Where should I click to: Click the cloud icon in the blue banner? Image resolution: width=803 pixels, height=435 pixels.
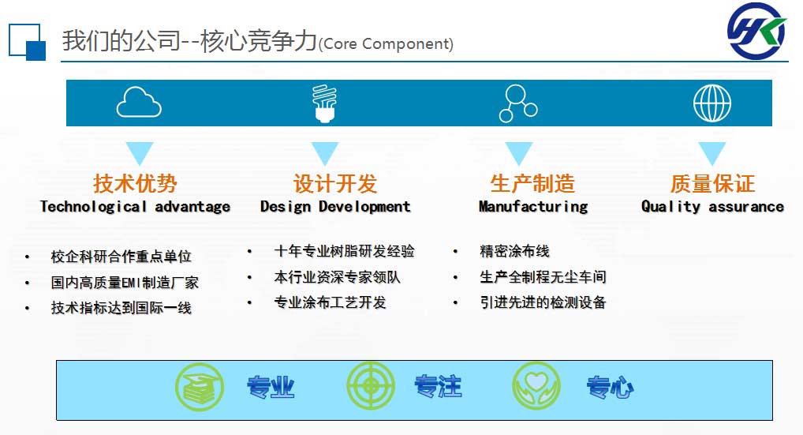(139, 102)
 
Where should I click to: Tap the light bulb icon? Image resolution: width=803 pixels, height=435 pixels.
(325, 103)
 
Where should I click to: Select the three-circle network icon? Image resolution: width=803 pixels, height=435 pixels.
(518, 103)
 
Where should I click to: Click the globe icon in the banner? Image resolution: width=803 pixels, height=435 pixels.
(711, 103)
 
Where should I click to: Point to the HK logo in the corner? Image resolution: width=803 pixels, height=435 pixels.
(757, 31)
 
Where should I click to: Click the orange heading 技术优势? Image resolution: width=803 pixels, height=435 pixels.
(135, 183)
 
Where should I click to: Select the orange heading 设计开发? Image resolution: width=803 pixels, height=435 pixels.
(335, 183)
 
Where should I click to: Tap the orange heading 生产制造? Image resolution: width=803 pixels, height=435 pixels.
(532, 183)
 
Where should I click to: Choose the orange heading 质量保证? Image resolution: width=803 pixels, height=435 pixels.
(712, 183)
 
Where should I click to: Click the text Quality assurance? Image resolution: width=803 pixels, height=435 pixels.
(712, 207)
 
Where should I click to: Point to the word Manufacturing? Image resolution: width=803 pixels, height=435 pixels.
(533, 207)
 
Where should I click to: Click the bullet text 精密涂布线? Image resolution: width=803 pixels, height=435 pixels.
(514, 251)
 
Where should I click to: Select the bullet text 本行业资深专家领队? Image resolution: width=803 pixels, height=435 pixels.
(337, 277)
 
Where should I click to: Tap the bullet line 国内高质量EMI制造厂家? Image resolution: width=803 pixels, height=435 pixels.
(125, 283)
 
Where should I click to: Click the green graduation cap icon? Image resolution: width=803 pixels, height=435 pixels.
(200, 387)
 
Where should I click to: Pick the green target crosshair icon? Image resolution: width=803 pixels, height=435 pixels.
(371, 386)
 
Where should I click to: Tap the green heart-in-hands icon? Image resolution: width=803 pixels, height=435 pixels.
(536, 386)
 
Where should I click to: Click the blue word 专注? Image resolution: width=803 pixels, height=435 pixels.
(438, 386)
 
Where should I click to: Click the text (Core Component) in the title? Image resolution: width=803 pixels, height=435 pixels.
(387, 44)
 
